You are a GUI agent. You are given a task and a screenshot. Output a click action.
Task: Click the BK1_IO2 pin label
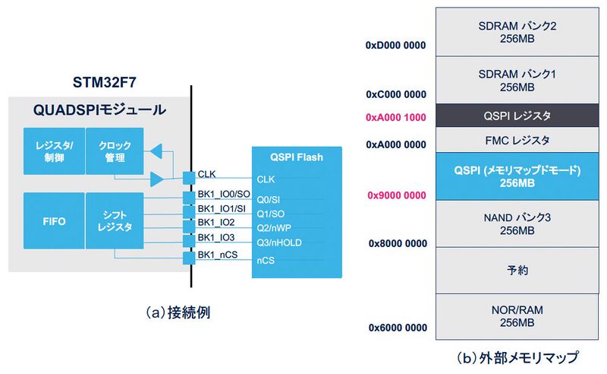[215, 222]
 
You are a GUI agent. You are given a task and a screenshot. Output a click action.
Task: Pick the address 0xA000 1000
[395, 118]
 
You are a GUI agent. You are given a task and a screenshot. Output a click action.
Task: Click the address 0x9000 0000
[395, 195]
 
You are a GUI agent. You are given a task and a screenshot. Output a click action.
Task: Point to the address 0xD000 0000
[395, 45]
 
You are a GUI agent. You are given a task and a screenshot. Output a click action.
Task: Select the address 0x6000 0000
[395, 327]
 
